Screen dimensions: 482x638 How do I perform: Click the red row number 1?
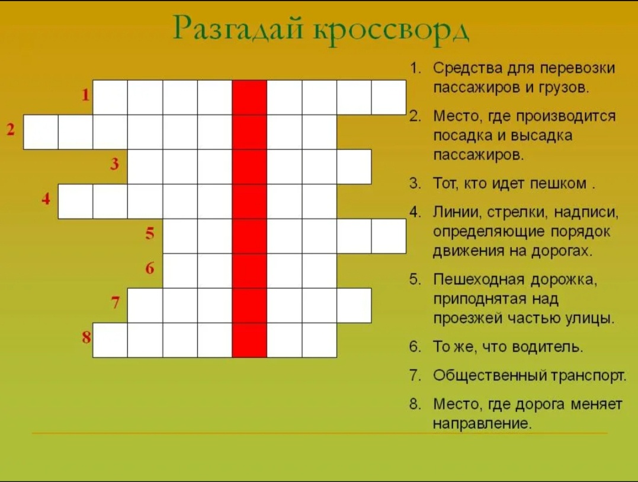pyautogui.click(x=85, y=95)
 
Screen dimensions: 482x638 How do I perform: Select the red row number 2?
pyautogui.click(x=11, y=129)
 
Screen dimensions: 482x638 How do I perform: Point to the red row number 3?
pyautogui.click(x=115, y=164)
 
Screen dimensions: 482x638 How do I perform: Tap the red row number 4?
pyautogui.click(x=46, y=199)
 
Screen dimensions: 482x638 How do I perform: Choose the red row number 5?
pyautogui.click(x=150, y=234)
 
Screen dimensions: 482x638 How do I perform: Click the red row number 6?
pyautogui.click(x=150, y=269)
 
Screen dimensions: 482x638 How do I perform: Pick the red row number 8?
pyautogui.click(x=86, y=338)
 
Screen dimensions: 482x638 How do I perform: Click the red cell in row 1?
pyautogui.click(x=249, y=97)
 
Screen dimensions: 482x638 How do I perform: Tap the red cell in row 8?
pyautogui.click(x=249, y=340)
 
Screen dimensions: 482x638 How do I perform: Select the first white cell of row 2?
pyautogui.click(x=41, y=132)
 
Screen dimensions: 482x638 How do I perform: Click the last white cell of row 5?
pyautogui.click(x=389, y=236)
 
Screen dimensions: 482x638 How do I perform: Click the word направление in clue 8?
pyautogui.click(x=480, y=424)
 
